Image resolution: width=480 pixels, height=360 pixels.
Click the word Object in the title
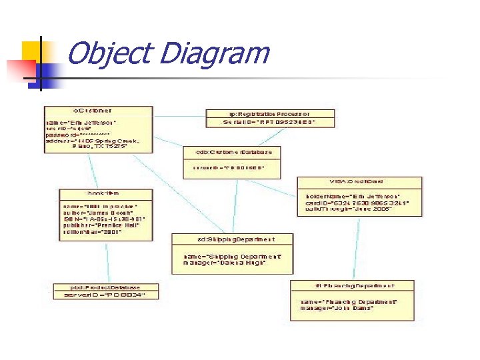point(108,53)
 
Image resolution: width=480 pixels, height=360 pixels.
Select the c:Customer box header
point(92,111)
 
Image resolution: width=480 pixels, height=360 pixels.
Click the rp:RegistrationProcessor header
point(269,113)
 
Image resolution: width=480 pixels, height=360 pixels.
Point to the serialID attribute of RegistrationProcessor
point(269,123)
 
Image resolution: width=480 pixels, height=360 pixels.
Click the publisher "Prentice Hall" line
point(99,225)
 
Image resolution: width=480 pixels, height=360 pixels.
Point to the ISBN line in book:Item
point(103,219)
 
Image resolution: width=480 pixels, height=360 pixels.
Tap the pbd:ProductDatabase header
point(107,287)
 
